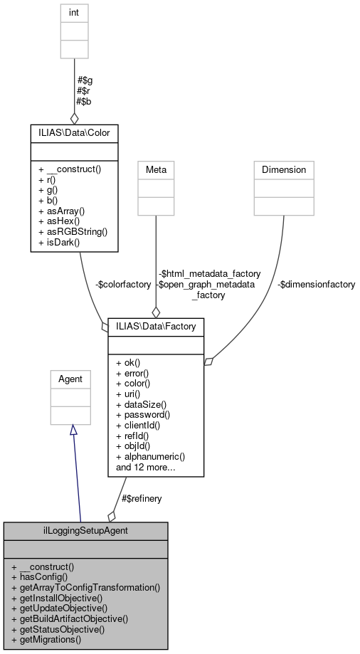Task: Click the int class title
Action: click(x=73, y=11)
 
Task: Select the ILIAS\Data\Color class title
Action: click(x=73, y=132)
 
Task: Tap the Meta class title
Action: click(x=156, y=169)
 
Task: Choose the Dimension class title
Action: click(x=284, y=169)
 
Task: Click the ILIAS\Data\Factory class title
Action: click(x=156, y=326)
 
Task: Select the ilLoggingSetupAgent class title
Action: click(x=85, y=531)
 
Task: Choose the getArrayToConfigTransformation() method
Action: click(x=86, y=588)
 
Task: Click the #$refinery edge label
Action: click(x=142, y=498)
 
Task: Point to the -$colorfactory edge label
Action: click(x=123, y=284)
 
